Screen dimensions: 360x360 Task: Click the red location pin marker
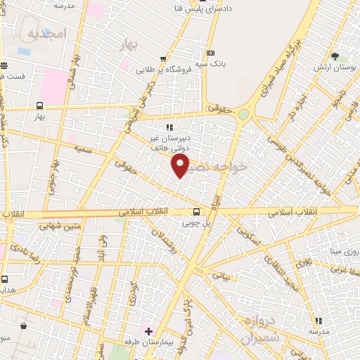[x=181, y=166]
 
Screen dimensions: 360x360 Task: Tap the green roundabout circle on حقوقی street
[x=243, y=114]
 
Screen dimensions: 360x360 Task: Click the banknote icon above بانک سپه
[x=210, y=53]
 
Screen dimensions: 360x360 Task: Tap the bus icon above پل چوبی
[x=196, y=212]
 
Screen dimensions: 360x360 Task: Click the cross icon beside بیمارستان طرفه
[x=148, y=330]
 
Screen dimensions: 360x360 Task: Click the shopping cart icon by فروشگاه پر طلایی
[x=163, y=59]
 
